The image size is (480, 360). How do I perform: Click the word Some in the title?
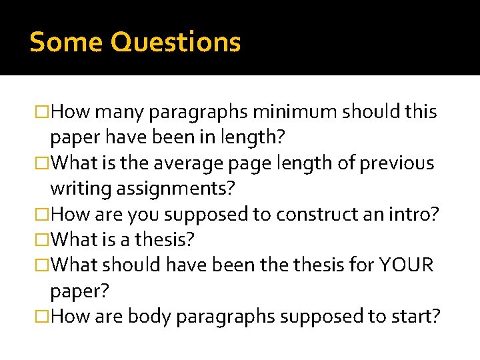pos(66,42)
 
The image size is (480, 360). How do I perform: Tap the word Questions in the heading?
pos(175,42)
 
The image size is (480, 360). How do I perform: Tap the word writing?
pos(79,189)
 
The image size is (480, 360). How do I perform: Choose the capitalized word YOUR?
pos(407,265)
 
